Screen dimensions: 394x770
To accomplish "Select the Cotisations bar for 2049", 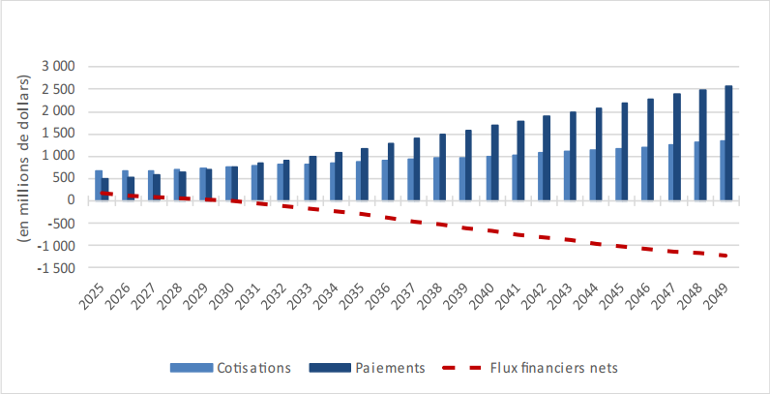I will coord(722,170).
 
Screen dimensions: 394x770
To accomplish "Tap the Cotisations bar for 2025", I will coord(99,185).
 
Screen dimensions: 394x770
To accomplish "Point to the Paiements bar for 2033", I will coord(313,178).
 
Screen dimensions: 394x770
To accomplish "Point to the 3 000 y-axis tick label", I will coord(57,67).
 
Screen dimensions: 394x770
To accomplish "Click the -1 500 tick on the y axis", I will coord(54,267).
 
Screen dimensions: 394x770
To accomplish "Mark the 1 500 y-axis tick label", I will coord(57,134).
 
